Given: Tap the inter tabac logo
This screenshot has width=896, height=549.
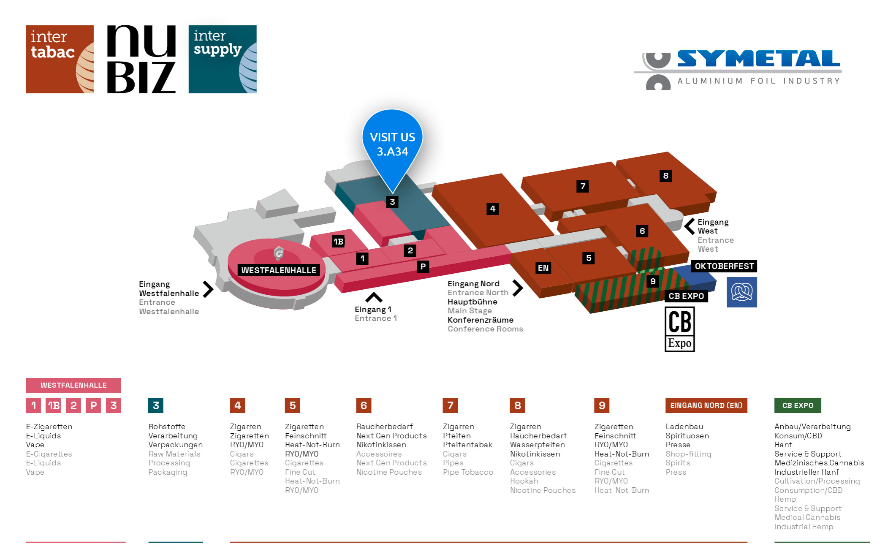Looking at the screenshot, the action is coord(60,59).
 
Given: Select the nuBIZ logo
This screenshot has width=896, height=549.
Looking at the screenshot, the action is coord(141,59).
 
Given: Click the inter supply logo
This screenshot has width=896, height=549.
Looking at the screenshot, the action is coord(223,59).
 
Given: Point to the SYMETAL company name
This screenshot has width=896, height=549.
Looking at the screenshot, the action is coord(759,59).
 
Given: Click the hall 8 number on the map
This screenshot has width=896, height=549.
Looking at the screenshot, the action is coord(665,176).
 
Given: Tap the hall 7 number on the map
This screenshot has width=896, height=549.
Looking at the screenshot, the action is coord(583,186).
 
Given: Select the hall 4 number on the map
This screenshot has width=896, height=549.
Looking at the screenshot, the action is coord(492,209).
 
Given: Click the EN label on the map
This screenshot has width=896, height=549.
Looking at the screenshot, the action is coord(543,268).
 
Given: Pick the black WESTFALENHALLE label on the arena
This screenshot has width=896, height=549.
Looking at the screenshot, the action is coord(279,270).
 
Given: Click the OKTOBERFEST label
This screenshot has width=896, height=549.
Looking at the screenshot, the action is coord(724,266).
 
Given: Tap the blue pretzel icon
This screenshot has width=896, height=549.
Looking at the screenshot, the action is coord(742,292).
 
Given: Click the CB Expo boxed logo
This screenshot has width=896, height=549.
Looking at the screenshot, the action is coord(680,329).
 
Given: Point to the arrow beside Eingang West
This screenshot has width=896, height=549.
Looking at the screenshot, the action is coord(689,226).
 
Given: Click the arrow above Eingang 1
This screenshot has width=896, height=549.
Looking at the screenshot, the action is coord(374,298).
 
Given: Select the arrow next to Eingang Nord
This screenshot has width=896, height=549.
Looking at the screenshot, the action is coord(518,288).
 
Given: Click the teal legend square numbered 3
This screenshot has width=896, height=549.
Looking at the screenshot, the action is coord(156,405).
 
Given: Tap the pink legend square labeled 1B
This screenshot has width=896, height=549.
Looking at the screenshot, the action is coord(54,405).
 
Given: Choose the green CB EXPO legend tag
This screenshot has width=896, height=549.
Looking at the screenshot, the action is coord(798,405).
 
